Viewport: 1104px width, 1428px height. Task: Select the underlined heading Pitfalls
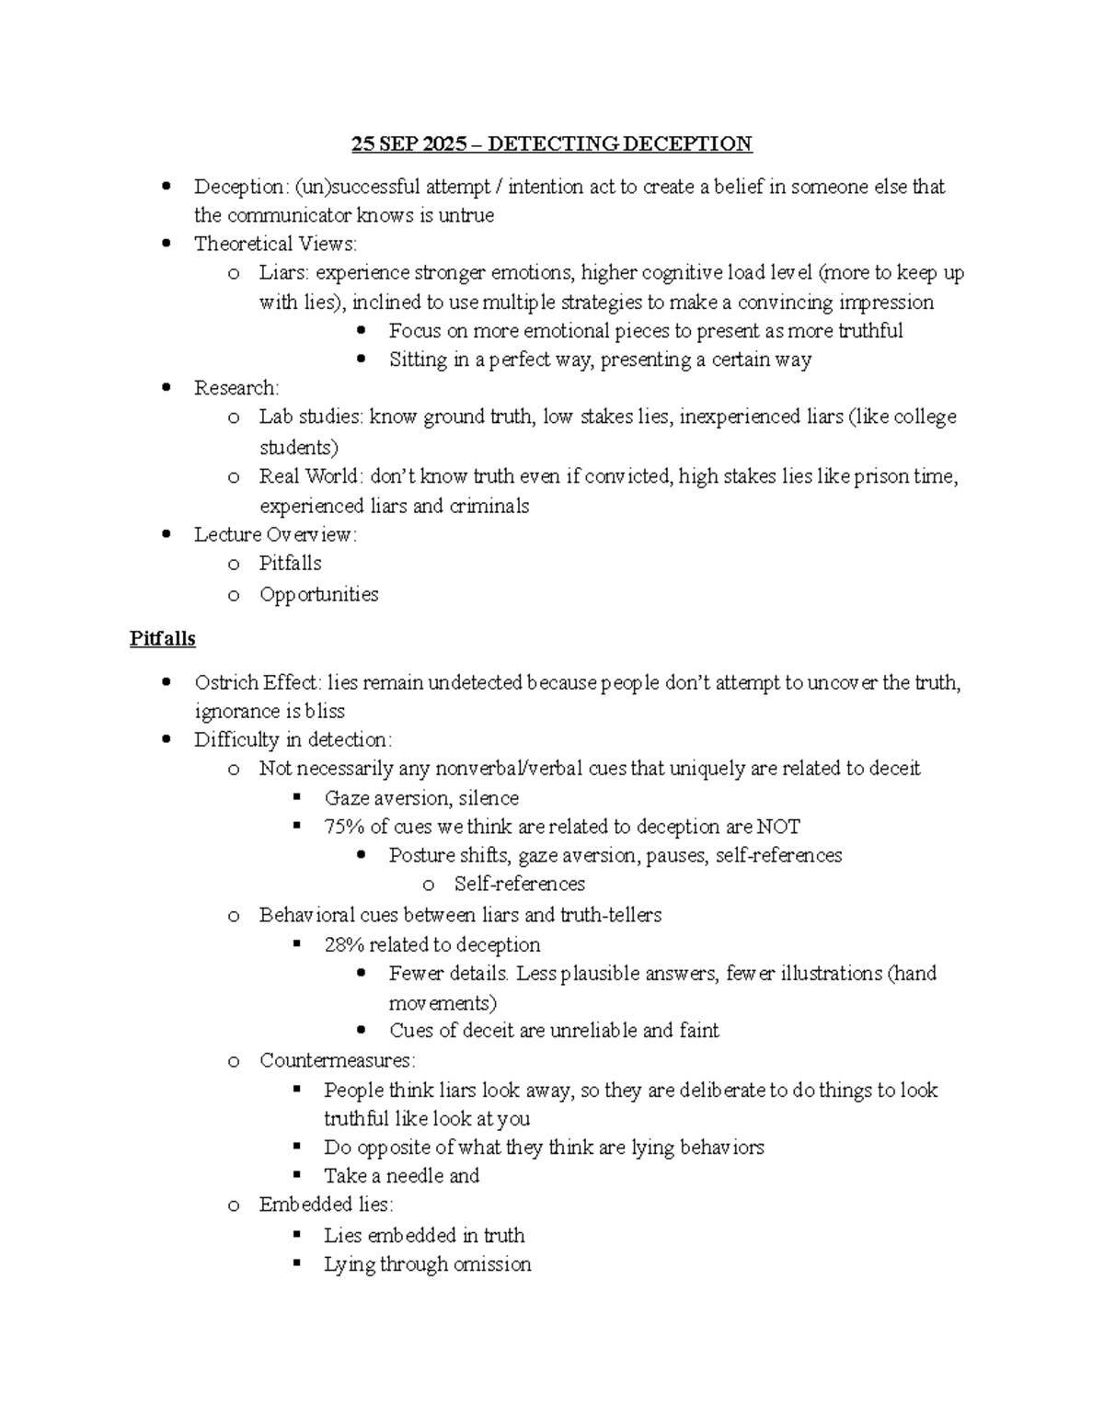point(163,638)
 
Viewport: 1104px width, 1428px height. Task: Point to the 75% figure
point(344,827)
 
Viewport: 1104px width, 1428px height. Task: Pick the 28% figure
point(344,945)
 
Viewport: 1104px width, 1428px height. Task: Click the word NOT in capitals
point(779,827)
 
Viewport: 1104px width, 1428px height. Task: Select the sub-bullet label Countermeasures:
point(337,1060)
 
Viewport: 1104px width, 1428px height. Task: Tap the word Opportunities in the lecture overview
point(318,594)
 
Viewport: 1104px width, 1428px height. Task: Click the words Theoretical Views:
point(275,244)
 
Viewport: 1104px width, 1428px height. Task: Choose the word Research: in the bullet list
point(236,388)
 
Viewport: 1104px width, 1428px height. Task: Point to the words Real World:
point(312,476)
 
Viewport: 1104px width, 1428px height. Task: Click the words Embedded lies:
point(326,1205)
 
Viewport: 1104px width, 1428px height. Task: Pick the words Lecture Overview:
point(275,534)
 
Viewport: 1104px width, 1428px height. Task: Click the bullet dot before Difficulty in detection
point(167,739)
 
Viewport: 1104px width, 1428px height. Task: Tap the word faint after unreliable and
point(699,1031)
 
